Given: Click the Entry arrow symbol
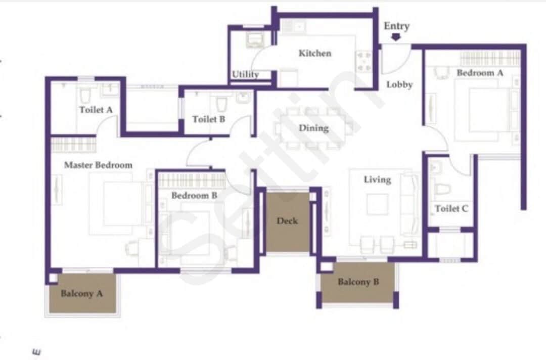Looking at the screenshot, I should click(x=396, y=36).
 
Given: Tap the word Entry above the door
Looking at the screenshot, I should click(x=396, y=26).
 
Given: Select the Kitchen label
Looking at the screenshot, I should click(x=314, y=53).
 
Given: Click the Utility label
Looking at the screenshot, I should click(x=245, y=74).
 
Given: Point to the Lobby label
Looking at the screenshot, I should click(x=399, y=84).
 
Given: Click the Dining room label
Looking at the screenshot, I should click(x=313, y=128).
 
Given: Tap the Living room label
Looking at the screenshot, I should click(x=377, y=179).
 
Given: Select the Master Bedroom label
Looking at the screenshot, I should click(x=98, y=165).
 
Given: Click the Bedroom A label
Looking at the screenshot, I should click(x=480, y=73).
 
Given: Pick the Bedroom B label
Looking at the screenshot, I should click(x=194, y=195).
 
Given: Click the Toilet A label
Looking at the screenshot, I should click(x=95, y=109).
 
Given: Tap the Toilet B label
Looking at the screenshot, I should click(x=208, y=119).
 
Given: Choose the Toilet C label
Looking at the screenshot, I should click(x=451, y=208).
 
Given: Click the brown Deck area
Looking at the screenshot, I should click(x=287, y=221).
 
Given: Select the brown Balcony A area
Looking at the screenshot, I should click(x=81, y=293).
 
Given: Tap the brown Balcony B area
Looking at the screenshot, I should click(x=358, y=282).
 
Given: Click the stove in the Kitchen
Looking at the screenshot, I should click(x=364, y=61).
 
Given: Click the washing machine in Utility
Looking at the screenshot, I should click(x=252, y=39).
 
